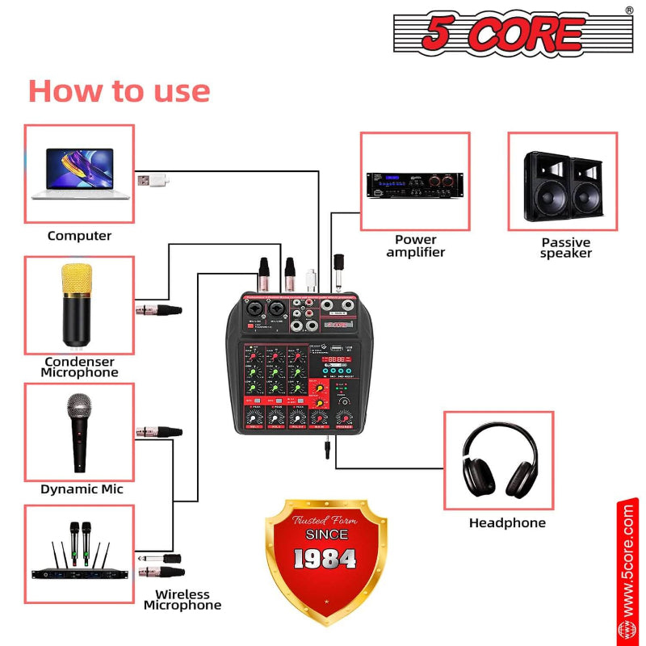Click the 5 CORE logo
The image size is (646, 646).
513,33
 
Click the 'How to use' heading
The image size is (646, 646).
119,90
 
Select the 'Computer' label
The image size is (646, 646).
79,236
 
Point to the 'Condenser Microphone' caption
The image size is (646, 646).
80,367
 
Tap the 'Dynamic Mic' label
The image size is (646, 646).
82,489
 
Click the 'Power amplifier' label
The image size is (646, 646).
415,245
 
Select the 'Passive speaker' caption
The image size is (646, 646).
565,248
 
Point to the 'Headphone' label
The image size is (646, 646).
507,523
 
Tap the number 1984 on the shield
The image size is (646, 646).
325,558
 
